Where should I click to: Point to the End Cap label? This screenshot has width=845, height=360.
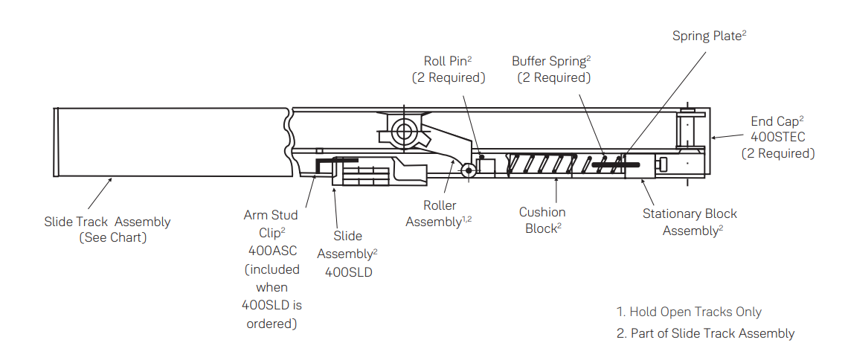coord(777,121)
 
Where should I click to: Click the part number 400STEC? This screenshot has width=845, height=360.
coord(777,137)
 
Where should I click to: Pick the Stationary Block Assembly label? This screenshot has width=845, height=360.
coord(690,222)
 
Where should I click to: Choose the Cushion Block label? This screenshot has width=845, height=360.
coord(542,220)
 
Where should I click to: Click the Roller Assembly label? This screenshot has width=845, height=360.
coord(439,213)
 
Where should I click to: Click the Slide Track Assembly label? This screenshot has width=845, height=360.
coord(107,222)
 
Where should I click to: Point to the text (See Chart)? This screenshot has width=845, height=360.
coord(113,238)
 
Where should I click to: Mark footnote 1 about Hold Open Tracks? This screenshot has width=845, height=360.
coord(689,312)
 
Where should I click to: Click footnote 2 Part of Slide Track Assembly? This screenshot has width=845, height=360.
coord(705,333)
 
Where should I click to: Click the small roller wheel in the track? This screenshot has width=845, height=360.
coord(468,170)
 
